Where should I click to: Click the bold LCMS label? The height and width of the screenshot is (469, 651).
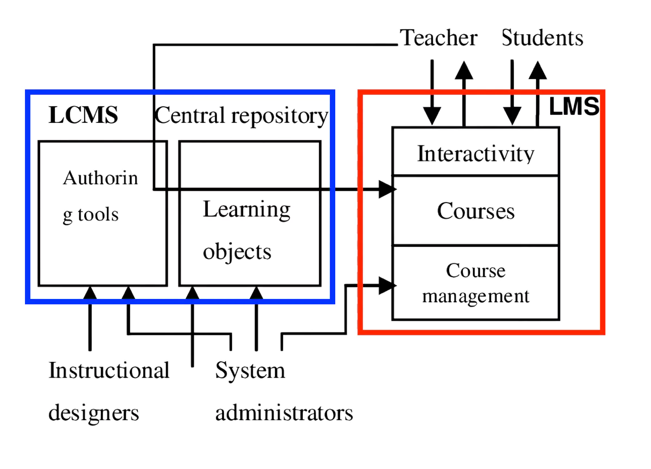(x=83, y=115)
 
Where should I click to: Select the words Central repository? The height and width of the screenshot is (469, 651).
(x=242, y=116)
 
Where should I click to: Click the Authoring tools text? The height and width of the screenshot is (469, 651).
(x=100, y=196)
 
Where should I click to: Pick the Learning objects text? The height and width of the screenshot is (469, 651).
(x=246, y=230)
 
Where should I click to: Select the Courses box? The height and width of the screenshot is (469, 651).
(x=475, y=211)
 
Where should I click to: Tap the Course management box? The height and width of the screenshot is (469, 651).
(x=475, y=283)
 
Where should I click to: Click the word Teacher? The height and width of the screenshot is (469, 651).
(x=438, y=38)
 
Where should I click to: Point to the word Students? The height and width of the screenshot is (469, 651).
(x=542, y=38)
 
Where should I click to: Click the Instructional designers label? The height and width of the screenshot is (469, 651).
(x=108, y=392)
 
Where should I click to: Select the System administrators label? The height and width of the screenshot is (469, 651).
(x=284, y=392)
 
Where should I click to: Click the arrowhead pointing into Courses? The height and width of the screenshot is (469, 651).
(x=387, y=189)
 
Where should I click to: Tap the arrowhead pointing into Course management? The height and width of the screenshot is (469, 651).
(x=387, y=285)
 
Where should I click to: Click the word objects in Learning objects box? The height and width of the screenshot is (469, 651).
(x=237, y=252)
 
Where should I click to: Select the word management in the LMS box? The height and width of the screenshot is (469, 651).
(x=475, y=296)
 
